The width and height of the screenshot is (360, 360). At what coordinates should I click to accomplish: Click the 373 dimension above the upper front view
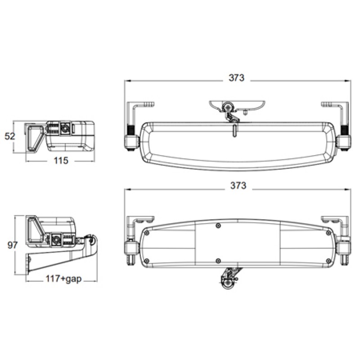coord(236,77)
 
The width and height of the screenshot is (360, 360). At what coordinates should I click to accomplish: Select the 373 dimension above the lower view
coord(238,185)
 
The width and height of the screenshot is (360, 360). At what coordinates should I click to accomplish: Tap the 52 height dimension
coord(10,136)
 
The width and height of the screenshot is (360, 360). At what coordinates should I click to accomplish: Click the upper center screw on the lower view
coord(218,225)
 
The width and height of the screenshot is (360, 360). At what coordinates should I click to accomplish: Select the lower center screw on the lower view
coord(218,261)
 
